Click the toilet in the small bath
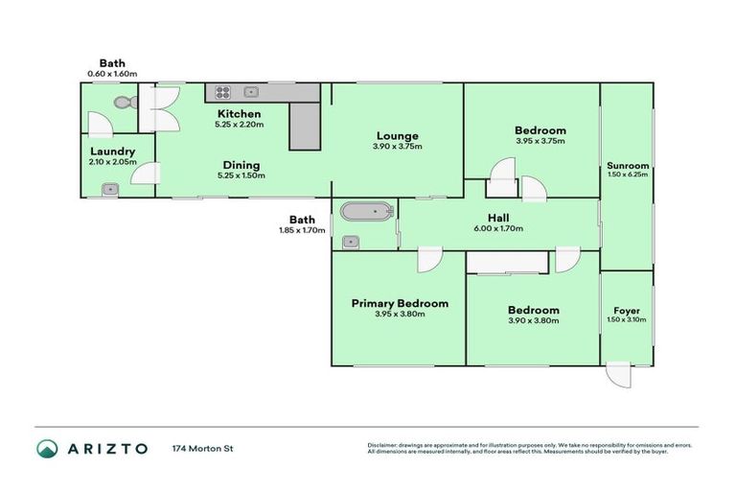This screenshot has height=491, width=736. click(122, 102)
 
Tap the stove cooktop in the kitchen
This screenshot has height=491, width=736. click(222, 93)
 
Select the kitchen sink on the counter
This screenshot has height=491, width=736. click(251, 93)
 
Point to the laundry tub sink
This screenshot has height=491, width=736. click(110, 190)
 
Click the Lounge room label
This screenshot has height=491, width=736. click(397, 135)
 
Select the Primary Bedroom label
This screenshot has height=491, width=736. click(399, 303)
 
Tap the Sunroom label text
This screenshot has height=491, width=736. click(628, 165)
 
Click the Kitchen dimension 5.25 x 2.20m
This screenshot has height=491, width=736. click(239, 124)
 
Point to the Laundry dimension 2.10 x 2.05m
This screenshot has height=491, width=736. click(112, 163)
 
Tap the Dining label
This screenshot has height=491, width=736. click(239, 165)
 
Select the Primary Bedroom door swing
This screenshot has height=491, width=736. click(428, 259)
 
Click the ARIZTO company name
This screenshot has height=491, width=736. click(107, 448)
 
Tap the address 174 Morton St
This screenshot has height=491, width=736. click(203, 448)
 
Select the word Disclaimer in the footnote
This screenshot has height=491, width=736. click(385, 445)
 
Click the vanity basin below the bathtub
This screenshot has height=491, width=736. click(351, 241)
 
